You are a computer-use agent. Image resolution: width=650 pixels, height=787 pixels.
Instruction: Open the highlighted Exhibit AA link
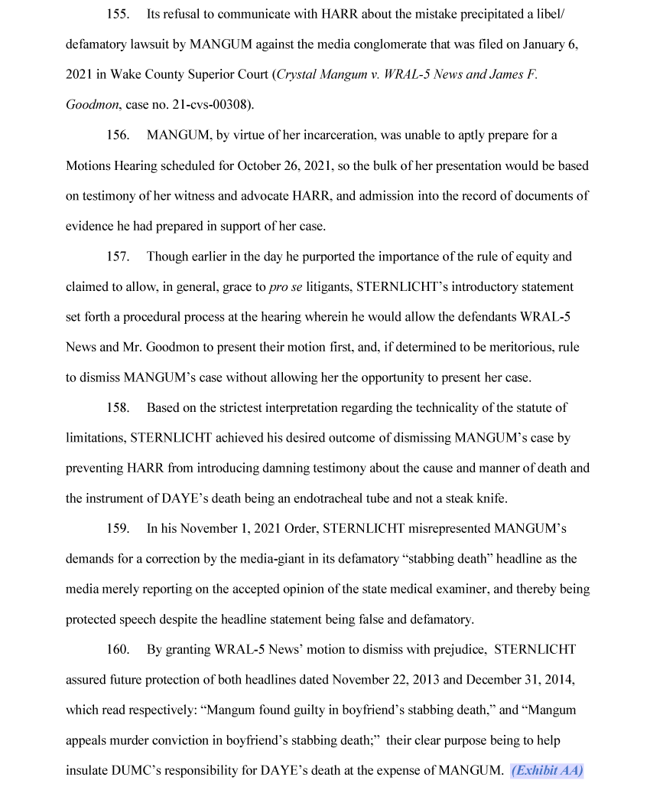click(547, 770)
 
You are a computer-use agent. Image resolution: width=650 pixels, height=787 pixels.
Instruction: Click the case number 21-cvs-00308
click(207, 106)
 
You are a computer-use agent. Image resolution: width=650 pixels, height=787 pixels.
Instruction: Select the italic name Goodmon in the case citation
click(88, 106)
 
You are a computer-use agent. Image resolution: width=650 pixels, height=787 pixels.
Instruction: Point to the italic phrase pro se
click(286, 287)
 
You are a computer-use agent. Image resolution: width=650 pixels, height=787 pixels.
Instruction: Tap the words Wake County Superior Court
click(190, 75)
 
